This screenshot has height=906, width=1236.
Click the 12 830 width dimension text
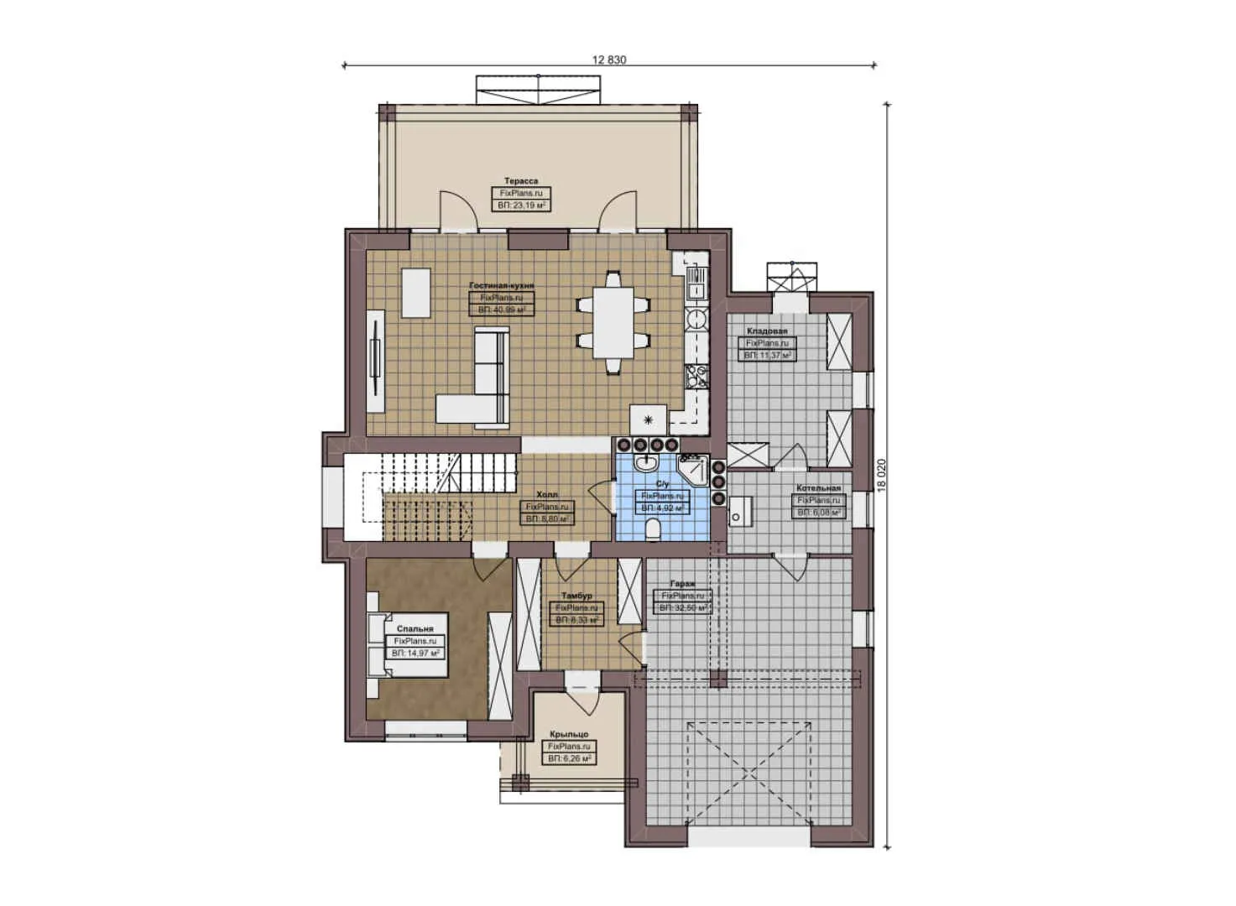(609, 60)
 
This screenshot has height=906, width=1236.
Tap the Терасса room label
(521, 180)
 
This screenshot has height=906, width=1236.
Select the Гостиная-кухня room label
(502, 286)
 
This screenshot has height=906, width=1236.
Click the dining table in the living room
(613, 323)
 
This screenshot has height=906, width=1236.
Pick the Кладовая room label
(767, 331)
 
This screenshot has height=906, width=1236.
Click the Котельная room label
(818, 488)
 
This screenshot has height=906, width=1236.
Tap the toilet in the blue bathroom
(654, 528)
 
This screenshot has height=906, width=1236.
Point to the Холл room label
(547, 495)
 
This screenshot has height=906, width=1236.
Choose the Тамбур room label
(576, 596)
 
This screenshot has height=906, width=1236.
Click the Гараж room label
(681, 584)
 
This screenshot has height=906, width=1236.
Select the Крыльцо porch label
(569, 734)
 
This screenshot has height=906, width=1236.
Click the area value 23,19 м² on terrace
(521, 205)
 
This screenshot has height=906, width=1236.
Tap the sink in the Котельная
(738, 511)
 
